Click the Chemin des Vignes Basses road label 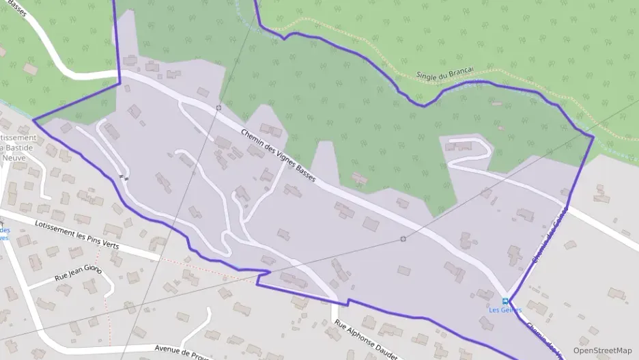(x=278, y=155)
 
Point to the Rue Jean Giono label (x=78, y=274)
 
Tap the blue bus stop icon (x=505, y=301)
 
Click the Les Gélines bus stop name (x=505, y=310)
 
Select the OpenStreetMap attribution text (x=602, y=350)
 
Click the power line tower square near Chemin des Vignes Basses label (x=218, y=108)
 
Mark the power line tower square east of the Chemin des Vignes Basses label (x=403, y=238)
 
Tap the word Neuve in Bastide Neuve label (x=14, y=158)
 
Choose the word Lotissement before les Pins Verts (x=51, y=230)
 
